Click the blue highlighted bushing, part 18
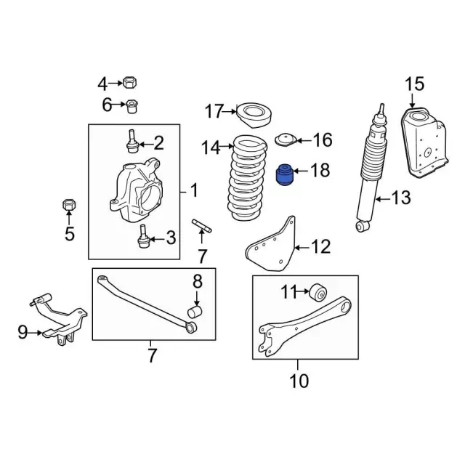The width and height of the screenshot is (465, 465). [285, 174]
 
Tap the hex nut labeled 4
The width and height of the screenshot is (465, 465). [129, 82]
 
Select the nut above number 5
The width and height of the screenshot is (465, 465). [69, 204]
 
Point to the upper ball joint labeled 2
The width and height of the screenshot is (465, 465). [132, 142]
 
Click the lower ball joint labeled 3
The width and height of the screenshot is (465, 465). [144, 237]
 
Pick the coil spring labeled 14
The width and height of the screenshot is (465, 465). [248, 178]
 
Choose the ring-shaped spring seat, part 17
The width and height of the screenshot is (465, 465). [254, 115]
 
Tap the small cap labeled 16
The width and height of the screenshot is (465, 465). [286, 140]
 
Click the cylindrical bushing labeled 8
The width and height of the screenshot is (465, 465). [195, 312]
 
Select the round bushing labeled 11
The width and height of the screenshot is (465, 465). [318, 292]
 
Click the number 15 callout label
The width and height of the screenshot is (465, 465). [415, 84]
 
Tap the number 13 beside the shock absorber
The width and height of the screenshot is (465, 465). [401, 198]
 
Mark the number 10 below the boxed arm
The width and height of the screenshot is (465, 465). [299, 381]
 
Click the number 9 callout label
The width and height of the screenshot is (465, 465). [23, 332]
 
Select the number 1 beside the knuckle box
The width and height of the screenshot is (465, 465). [194, 190]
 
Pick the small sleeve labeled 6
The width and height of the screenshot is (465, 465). [132, 106]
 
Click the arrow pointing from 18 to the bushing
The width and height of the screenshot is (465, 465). [301, 171]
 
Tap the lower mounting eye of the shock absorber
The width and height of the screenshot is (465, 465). [362, 227]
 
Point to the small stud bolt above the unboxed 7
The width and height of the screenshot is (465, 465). [202, 226]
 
